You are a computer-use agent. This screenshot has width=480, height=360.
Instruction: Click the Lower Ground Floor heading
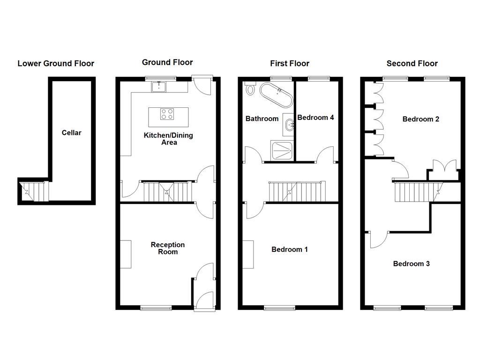tap(56, 63)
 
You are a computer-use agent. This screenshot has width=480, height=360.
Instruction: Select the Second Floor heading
tap(412, 63)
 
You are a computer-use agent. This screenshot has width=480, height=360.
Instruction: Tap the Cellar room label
tap(71, 133)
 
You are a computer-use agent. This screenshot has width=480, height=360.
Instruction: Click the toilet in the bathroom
tap(249, 89)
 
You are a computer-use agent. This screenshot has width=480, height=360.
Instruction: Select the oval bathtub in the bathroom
tap(277, 96)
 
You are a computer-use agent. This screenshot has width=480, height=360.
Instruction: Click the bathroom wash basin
tap(289, 125)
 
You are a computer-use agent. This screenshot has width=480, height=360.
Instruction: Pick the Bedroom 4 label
tap(315, 117)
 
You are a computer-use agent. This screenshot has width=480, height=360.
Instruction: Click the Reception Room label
tap(167, 248)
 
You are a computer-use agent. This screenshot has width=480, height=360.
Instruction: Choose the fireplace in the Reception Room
tap(125, 254)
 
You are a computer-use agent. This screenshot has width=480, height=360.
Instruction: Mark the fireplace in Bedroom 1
tap(248, 254)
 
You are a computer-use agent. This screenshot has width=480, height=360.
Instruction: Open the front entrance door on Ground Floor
tap(204, 300)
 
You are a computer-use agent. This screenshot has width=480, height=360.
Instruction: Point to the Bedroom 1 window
tap(280, 307)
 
